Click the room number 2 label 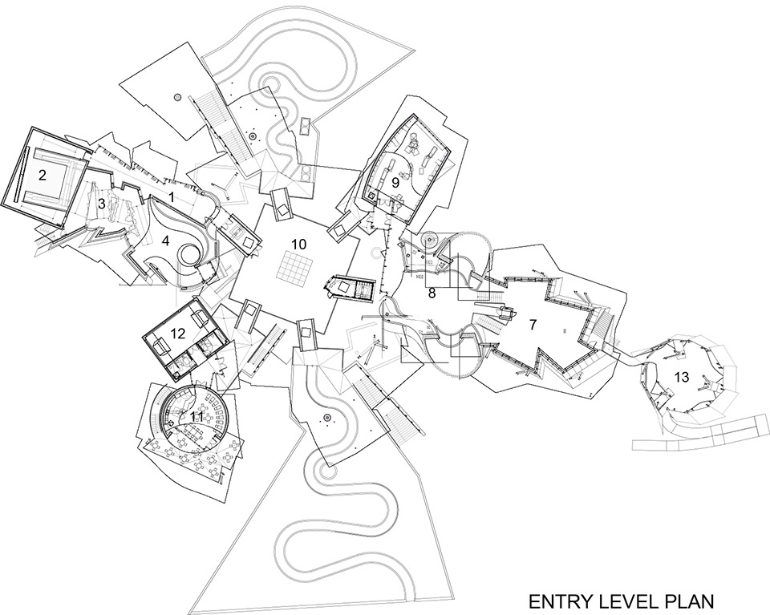pyautogui.click(x=43, y=175)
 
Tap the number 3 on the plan pyautogui.click(x=101, y=203)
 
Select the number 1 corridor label pyautogui.click(x=172, y=196)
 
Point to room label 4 pyautogui.click(x=165, y=241)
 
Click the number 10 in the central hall pyautogui.click(x=298, y=244)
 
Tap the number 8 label pyautogui.click(x=432, y=293)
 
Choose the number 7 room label pyautogui.click(x=534, y=324)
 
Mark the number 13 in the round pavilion pyautogui.click(x=682, y=377)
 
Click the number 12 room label pyautogui.click(x=178, y=334)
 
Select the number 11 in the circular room pyautogui.click(x=197, y=416)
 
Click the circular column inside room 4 pyautogui.click(x=189, y=255)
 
